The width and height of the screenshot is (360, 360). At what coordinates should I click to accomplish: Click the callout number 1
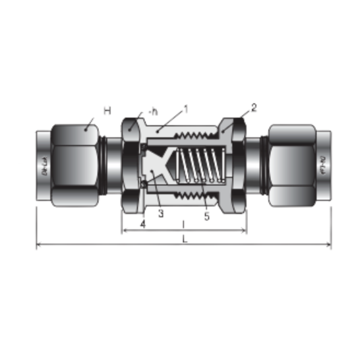click(x=187, y=109)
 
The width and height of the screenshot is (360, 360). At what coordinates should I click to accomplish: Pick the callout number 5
click(x=206, y=216)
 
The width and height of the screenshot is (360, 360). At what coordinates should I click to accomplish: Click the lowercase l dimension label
click(x=183, y=224)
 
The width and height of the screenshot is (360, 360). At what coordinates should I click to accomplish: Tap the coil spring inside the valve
click(x=200, y=167)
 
